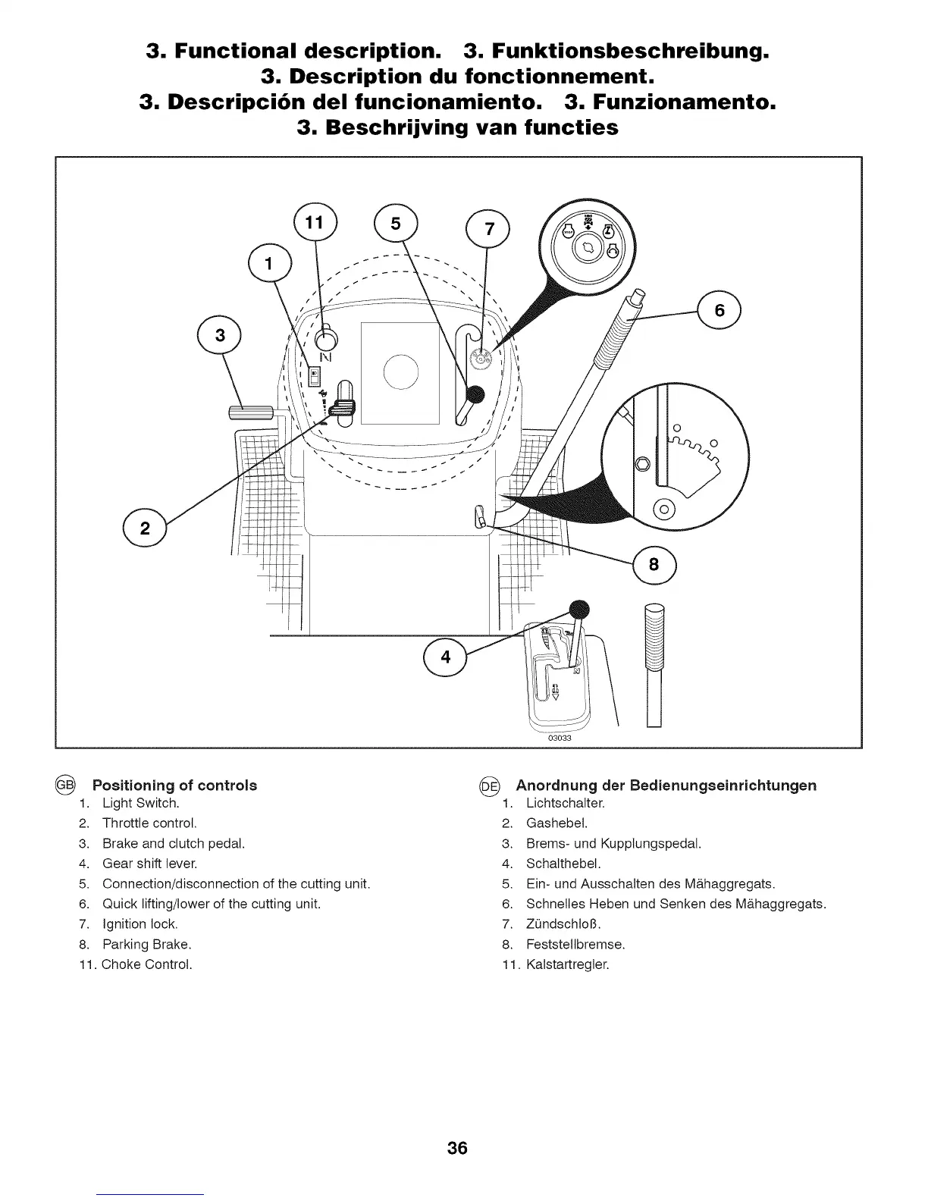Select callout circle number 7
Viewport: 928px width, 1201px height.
[x=488, y=230]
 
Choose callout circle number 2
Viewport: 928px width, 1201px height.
[x=144, y=528]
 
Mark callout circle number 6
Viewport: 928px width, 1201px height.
[x=720, y=310]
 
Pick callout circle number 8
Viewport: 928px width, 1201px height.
[x=654, y=565]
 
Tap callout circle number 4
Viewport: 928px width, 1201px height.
[x=445, y=657]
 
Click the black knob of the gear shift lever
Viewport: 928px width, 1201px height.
[x=578, y=609]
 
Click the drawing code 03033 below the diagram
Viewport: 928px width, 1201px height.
[x=559, y=738]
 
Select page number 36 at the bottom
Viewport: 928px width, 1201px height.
[x=457, y=1148]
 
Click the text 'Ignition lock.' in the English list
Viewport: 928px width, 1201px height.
[x=140, y=924]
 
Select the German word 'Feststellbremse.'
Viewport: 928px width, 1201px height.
[x=575, y=945]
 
